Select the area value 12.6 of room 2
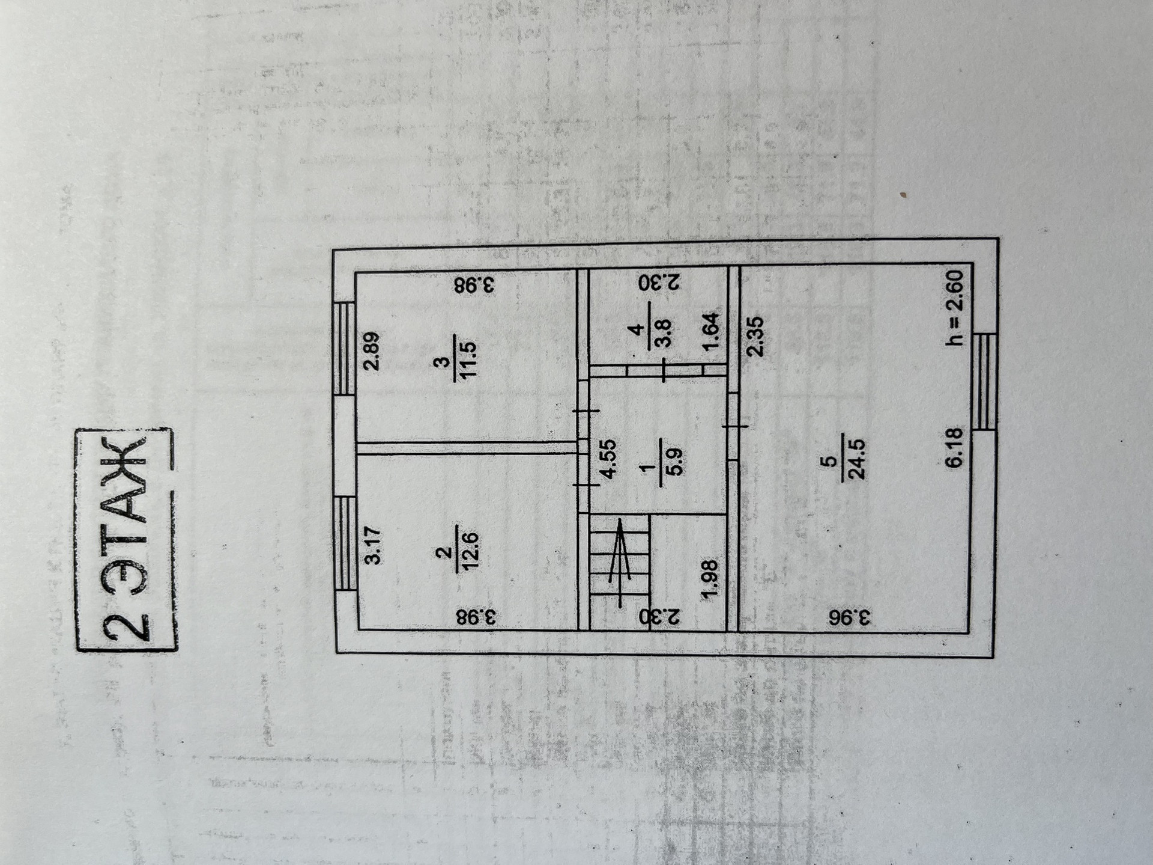click(x=467, y=551)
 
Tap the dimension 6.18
click(x=954, y=447)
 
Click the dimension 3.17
click(x=372, y=545)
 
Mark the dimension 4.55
click(x=608, y=459)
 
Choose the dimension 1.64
click(x=710, y=332)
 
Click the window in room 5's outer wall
click(x=984, y=381)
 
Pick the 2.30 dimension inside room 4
click(x=659, y=282)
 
